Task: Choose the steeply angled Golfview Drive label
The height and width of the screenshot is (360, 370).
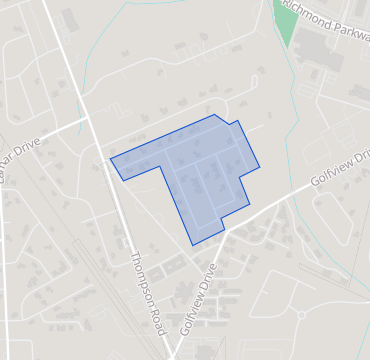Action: [x=199, y=299]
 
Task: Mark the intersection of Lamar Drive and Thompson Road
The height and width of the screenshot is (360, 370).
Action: [x=87, y=119]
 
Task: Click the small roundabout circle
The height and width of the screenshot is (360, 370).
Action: [x=301, y=316]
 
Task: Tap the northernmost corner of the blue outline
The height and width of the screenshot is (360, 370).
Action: [x=214, y=115]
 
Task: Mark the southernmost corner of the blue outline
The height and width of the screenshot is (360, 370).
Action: [x=194, y=245]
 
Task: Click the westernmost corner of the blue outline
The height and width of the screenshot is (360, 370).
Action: [x=110, y=158]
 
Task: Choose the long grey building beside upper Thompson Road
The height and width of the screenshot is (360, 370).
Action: [x=70, y=20]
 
